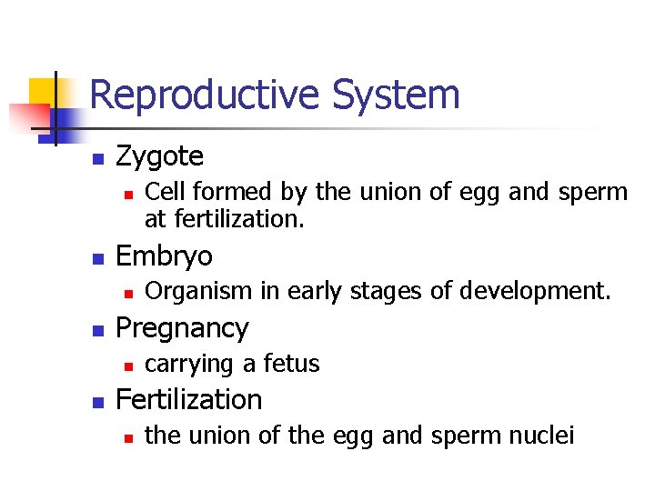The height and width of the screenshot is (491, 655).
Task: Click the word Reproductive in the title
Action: pos(205,95)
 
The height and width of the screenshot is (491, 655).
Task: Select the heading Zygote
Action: pos(160,156)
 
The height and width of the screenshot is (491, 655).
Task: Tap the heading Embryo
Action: pos(165,256)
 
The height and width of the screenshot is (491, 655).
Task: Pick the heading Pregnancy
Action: pos(182,328)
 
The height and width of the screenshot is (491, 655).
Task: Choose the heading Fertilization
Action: pos(189,399)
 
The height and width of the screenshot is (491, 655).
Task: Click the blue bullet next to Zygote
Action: pos(98,159)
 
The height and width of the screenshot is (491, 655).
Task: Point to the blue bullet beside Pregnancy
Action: pos(98,329)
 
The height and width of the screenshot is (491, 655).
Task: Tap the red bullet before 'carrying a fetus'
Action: pos(129,366)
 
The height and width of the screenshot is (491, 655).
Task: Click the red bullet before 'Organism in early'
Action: pos(129,293)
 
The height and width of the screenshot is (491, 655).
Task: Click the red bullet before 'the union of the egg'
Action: pos(129,437)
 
